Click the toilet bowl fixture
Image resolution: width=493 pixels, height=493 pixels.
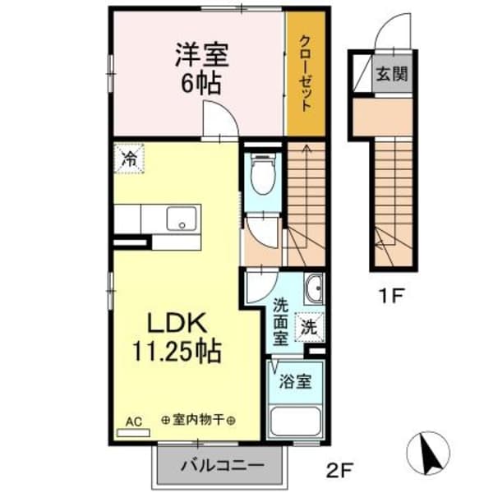[x=261, y=174]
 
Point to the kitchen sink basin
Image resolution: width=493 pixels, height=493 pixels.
[x=179, y=219]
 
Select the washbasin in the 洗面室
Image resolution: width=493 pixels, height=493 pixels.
[x=313, y=288]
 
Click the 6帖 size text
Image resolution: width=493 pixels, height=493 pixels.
[x=200, y=82]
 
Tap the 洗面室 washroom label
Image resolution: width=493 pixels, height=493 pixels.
[x=279, y=320]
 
